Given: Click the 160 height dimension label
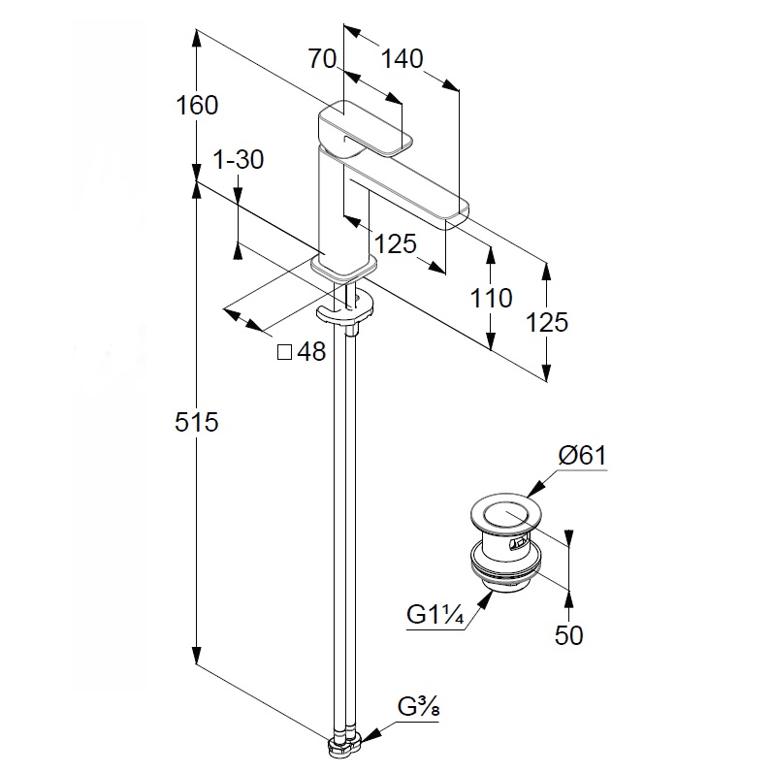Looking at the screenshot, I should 198,105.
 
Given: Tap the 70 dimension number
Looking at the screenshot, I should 324,59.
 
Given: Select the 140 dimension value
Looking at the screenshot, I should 402,59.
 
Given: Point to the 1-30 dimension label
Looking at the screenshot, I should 238,161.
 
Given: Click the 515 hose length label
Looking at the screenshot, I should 198,422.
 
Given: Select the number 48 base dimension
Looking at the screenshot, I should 310,352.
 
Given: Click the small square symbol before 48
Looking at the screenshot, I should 285,352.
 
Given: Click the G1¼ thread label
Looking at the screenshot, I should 434,615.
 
